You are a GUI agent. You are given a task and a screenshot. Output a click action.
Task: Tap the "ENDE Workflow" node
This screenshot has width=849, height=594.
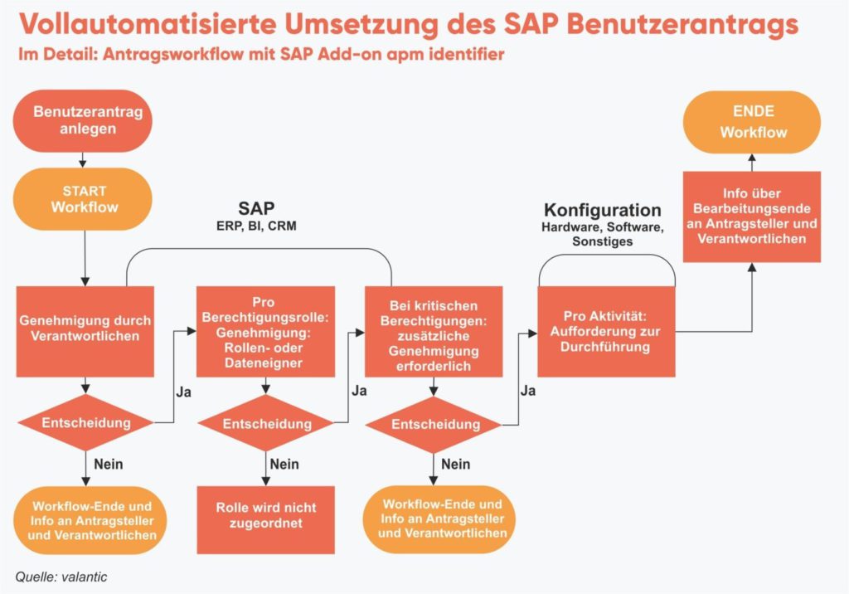pos(752,121)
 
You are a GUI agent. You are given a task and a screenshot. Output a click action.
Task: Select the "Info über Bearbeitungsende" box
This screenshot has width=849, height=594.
pos(752,216)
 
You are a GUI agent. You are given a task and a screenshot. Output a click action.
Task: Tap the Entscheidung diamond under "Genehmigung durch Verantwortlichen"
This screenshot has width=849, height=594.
pos(86,423)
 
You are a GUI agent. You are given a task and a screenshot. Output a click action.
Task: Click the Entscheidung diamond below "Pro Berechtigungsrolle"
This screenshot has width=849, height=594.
pos(266,424)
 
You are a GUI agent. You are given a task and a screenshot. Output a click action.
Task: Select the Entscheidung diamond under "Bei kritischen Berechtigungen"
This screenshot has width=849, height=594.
pos(434,425)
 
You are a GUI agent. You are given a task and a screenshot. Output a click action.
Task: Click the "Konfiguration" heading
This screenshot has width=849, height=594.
pos(603,210)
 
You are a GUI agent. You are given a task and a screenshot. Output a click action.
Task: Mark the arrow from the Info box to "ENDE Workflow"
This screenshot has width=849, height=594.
pos(752,162)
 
